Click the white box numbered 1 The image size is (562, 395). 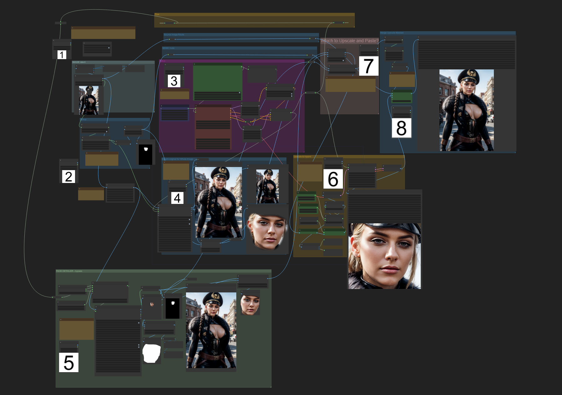[x=62, y=55]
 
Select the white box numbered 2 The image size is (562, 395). [x=68, y=177]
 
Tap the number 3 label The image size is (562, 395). [x=174, y=81]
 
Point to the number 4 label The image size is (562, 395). [x=177, y=198]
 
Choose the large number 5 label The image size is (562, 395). [x=69, y=362]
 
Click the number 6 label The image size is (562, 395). [x=333, y=179]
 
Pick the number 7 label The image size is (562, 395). [x=369, y=66]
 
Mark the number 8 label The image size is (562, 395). [x=401, y=128]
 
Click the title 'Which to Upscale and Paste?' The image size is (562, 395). [x=349, y=41]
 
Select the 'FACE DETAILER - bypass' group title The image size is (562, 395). [x=69, y=271]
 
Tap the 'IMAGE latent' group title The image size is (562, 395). [x=79, y=62]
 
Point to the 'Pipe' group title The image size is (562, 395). [x=157, y=14]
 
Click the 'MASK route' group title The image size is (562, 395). [x=168, y=48]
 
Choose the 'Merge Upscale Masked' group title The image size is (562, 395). [x=392, y=33]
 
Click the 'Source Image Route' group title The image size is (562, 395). [x=174, y=35]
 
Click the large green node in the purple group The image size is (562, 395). [x=218, y=78]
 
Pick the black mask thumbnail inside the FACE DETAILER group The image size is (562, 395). [x=173, y=308]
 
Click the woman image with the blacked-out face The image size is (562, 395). [x=89, y=100]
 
